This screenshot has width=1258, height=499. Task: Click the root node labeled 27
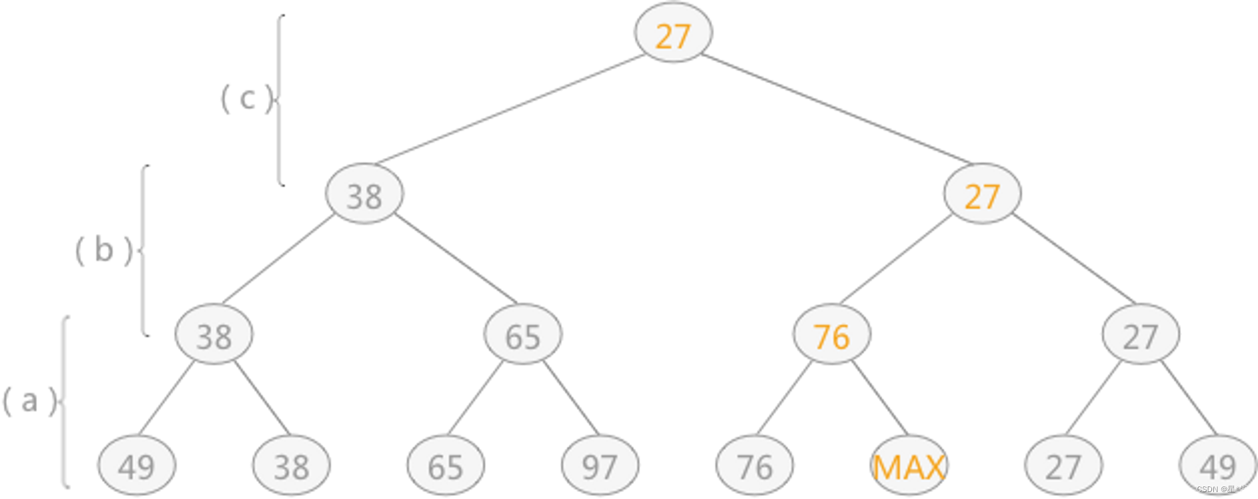(x=672, y=34)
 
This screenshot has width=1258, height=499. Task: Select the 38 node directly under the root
(x=364, y=194)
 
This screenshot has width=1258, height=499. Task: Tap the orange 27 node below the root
(x=981, y=194)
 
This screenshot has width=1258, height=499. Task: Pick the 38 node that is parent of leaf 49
(x=214, y=335)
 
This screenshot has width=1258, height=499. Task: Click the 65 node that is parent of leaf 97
(x=523, y=335)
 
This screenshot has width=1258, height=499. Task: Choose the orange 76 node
(x=832, y=335)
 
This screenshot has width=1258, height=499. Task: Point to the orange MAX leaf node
(x=909, y=466)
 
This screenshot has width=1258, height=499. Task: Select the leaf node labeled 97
(x=599, y=466)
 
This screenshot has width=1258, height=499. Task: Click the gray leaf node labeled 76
(x=754, y=466)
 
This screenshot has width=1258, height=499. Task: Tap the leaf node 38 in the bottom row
(x=291, y=466)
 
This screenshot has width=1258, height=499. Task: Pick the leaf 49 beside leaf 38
(x=136, y=466)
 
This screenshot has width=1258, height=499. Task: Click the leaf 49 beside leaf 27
(x=1218, y=466)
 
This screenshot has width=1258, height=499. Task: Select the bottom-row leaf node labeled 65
(x=445, y=466)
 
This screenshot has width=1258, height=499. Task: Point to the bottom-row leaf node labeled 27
(x=1063, y=466)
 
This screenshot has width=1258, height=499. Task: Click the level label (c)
(x=247, y=99)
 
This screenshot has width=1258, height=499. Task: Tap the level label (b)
(x=104, y=250)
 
